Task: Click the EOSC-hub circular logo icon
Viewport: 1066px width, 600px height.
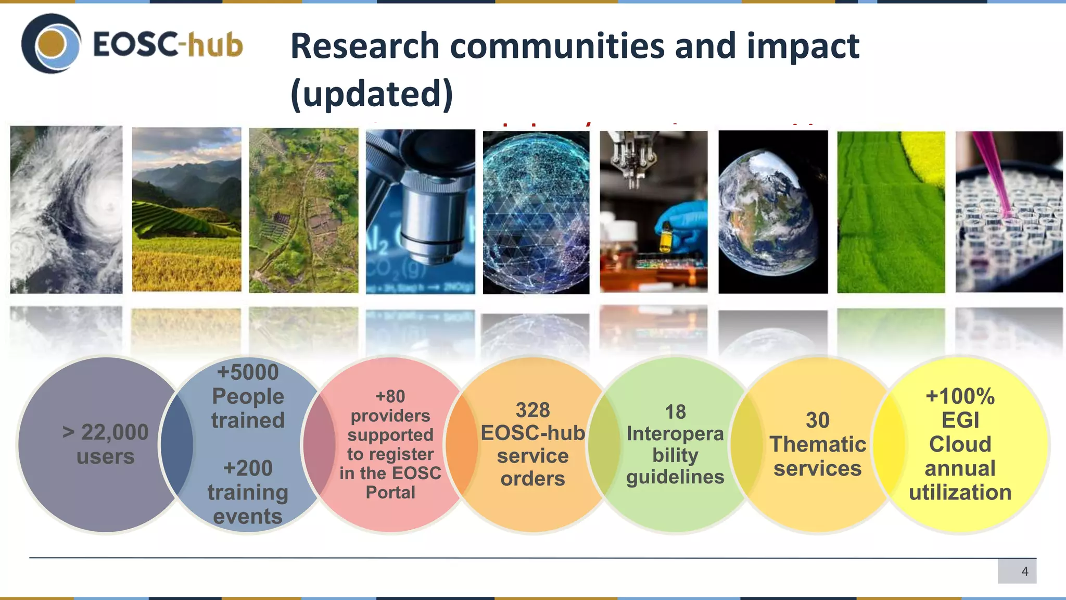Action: [51, 44]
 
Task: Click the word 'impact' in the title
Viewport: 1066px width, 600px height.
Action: [803, 46]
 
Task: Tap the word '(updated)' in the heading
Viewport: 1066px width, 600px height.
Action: [372, 94]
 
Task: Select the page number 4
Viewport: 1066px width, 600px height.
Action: [1024, 571]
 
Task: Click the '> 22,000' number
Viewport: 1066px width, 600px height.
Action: [106, 432]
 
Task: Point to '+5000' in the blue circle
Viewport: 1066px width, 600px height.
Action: [248, 372]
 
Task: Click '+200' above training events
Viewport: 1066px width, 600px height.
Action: [248, 468]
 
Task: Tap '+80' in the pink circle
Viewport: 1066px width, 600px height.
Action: [390, 396]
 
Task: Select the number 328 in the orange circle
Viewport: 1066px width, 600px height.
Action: [532, 410]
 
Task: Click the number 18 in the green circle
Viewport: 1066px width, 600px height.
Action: [675, 412]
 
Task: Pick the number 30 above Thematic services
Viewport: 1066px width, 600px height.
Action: [817, 420]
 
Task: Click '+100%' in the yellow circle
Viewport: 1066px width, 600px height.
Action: [960, 396]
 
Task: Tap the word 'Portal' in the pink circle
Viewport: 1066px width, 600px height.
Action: [390, 492]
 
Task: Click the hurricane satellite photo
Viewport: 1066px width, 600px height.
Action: [66, 209]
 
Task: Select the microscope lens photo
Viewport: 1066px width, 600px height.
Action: [421, 211]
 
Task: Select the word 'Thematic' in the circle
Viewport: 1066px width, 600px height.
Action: [817, 444]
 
